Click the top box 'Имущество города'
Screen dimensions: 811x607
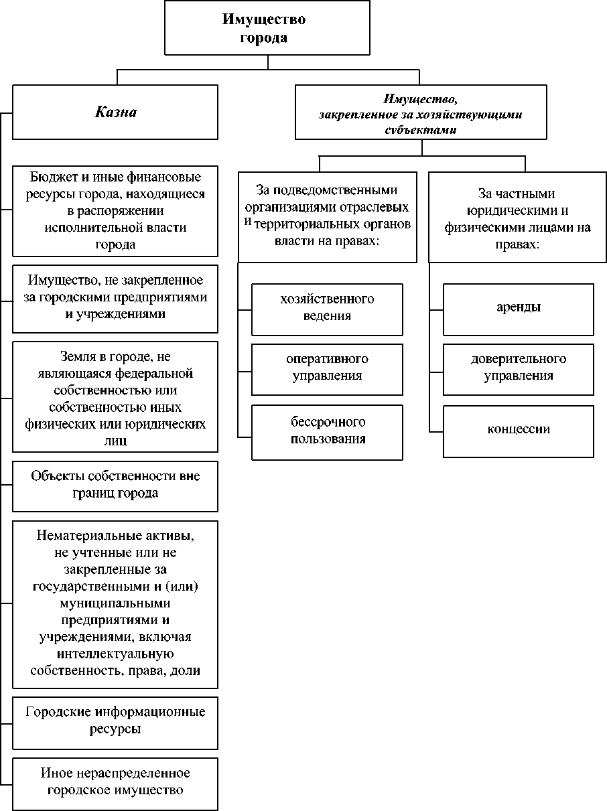[x=268, y=28]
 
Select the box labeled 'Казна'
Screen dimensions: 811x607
[x=115, y=112]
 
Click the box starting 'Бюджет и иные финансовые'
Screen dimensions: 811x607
[x=115, y=211]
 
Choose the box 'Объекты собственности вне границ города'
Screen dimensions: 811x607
[x=115, y=485]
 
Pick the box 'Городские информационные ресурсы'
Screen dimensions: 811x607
[x=115, y=720]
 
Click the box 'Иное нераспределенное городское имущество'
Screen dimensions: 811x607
[x=115, y=782]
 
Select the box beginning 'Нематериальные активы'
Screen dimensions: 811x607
[x=115, y=603]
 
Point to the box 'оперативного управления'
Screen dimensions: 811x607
[x=327, y=368]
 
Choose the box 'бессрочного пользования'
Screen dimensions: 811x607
[x=327, y=431]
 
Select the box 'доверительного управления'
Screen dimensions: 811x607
[x=519, y=368]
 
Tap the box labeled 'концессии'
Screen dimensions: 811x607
[x=519, y=429]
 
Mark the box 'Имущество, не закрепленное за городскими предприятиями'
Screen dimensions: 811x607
[x=115, y=297]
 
